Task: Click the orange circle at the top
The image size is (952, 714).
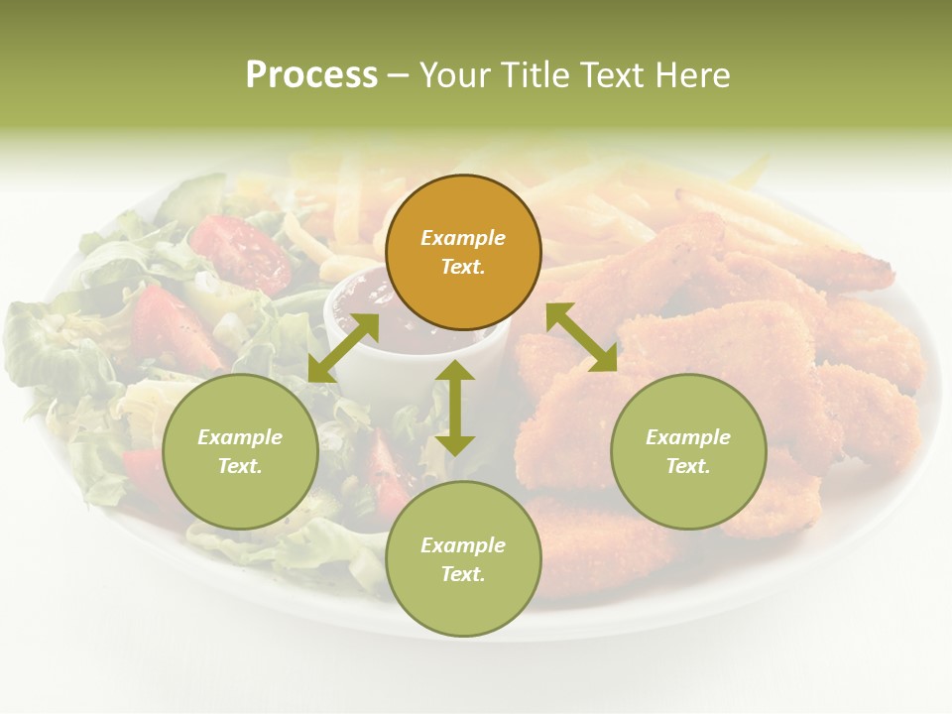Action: tap(463, 252)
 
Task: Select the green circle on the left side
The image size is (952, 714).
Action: tap(240, 451)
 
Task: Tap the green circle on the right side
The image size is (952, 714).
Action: tap(688, 451)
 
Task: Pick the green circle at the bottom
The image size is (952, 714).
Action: tap(463, 559)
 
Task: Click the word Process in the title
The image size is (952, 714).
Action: tap(311, 75)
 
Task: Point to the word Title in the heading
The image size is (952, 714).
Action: tap(535, 75)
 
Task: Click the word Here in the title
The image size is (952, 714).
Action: tap(694, 75)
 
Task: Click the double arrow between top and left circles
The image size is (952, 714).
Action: tap(343, 348)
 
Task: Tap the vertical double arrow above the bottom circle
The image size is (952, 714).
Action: tap(455, 408)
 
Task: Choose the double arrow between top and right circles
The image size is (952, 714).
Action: tap(581, 337)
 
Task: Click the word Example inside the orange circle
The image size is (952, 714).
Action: tap(463, 238)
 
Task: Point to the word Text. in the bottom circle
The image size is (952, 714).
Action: tap(463, 574)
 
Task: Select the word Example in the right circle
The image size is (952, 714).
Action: tap(688, 437)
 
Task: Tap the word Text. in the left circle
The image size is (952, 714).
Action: tap(240, 466)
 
